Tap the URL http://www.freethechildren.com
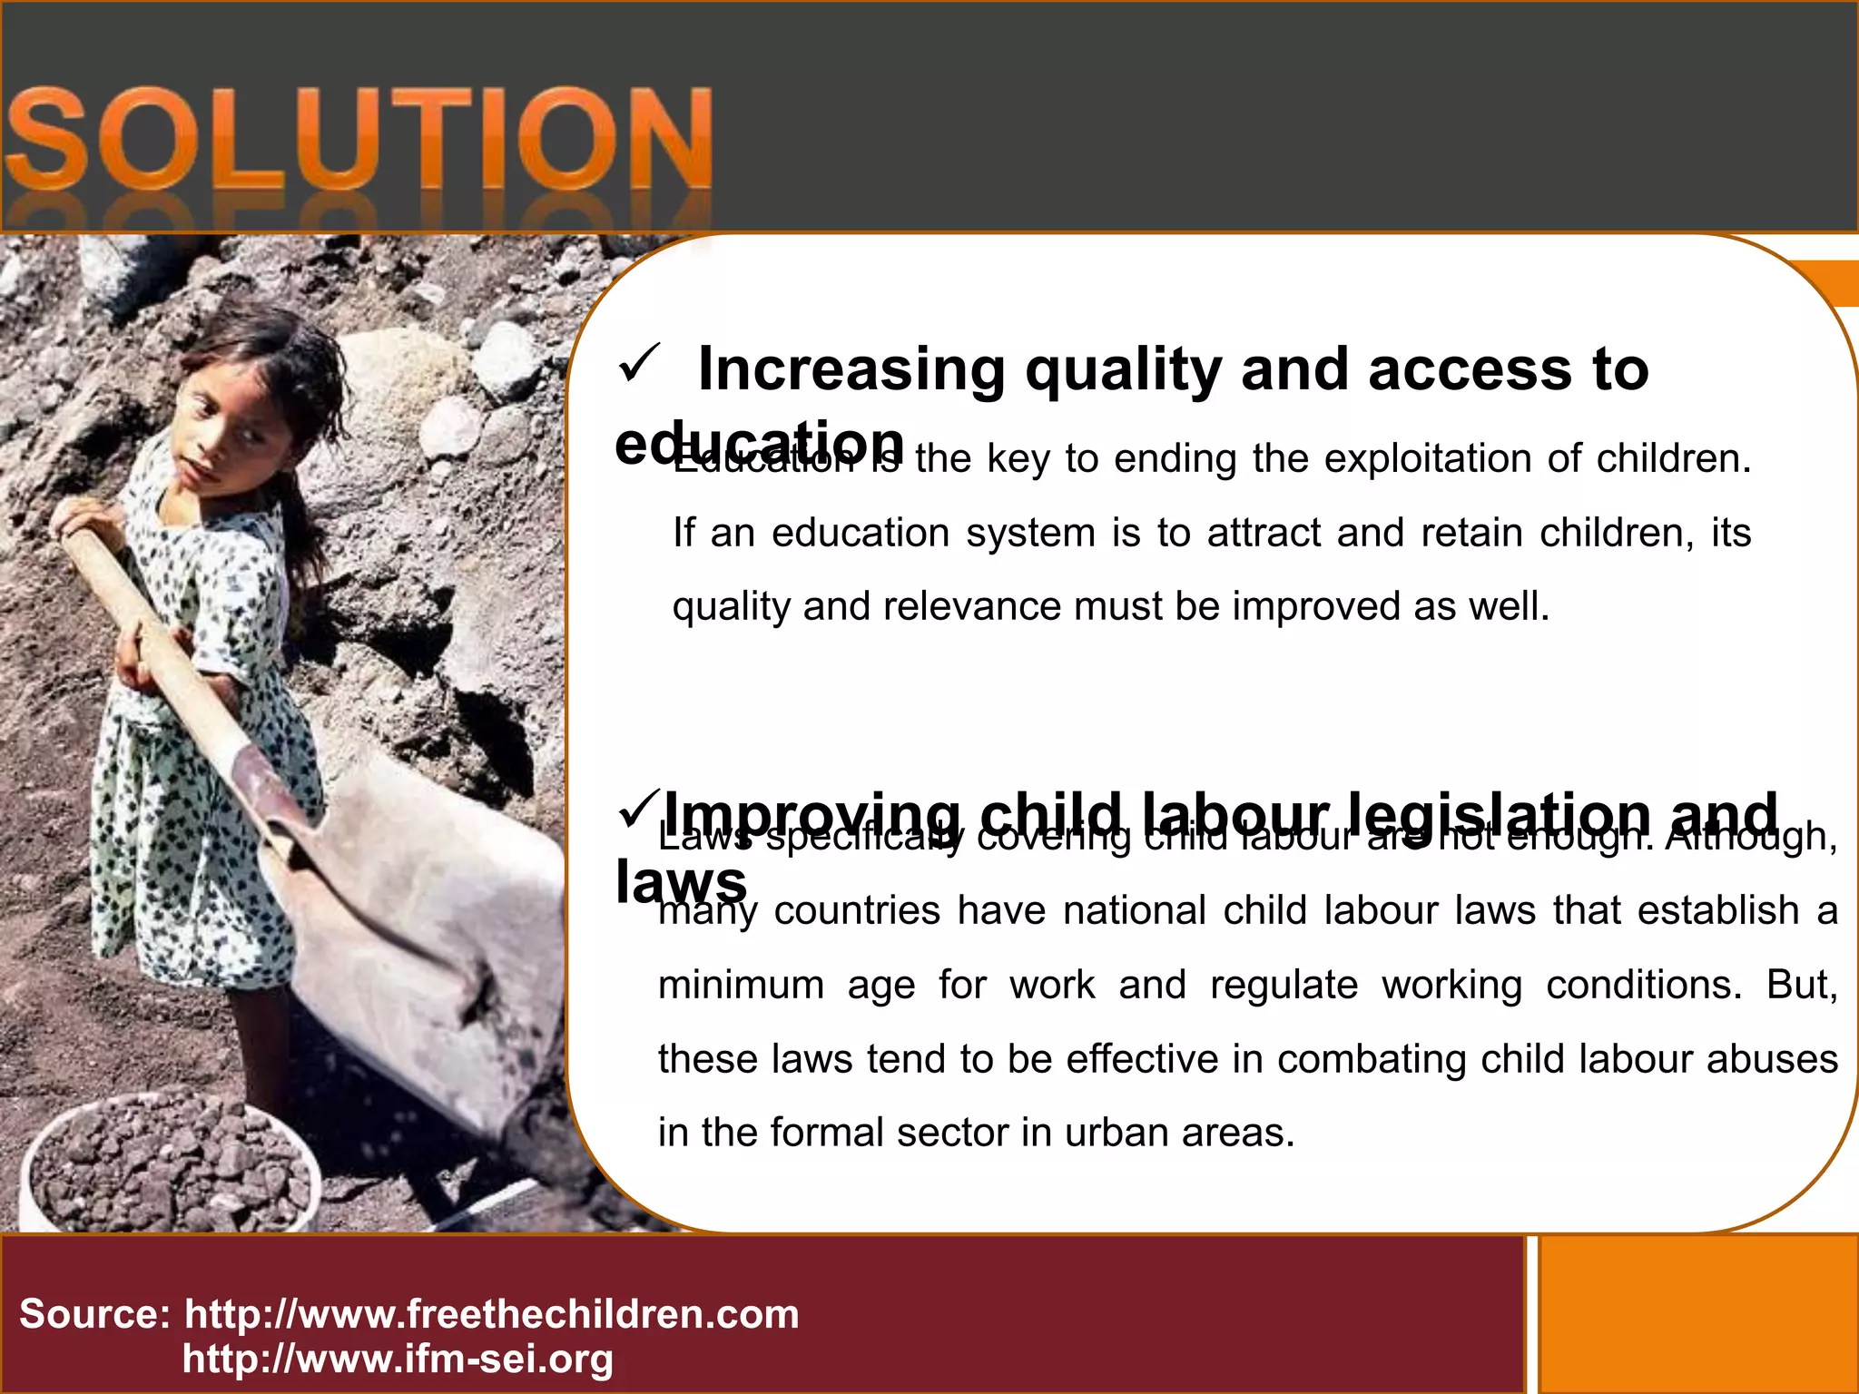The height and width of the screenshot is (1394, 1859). pos(491,1314)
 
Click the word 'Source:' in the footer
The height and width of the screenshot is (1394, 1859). pos(94,1314)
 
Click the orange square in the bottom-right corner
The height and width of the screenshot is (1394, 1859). pos(1697,1314)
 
